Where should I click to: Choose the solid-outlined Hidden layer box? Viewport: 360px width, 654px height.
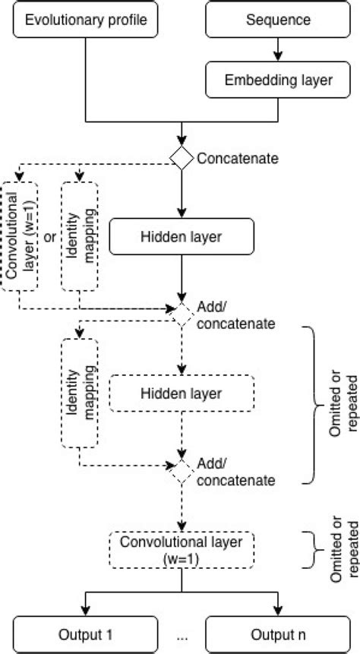click(181, 237)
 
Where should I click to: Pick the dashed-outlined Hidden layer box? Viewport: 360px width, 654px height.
click(181, 393)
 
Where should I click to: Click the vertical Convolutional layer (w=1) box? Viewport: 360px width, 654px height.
click(19, 235)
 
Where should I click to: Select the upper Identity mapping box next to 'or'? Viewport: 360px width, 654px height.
click(80, 235)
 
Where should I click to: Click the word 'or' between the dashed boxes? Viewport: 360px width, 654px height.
click(50, 237)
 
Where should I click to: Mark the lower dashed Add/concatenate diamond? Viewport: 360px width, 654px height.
click(182, 470)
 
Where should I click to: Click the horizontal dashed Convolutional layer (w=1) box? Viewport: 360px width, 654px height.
click(181, 549)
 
